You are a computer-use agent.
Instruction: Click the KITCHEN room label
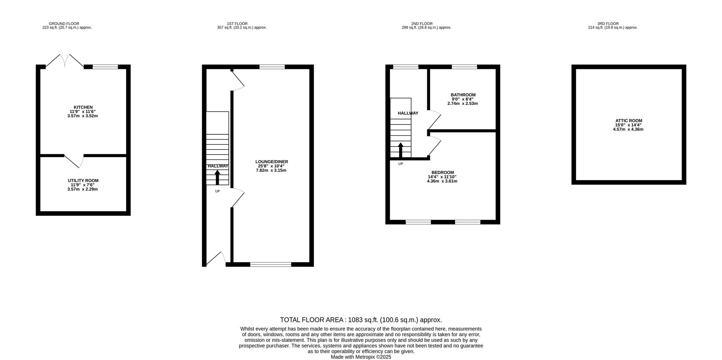(x=83, y=107)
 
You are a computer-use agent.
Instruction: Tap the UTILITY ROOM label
(x=83, y=180)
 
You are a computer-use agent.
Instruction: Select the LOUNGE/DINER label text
(x=272, y=162)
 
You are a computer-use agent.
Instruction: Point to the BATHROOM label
(x=463, y=95)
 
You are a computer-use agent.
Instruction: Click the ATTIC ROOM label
(x=628, y=121)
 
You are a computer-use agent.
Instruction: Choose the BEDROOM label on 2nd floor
(x=442, y=172)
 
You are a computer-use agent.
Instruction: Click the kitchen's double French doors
(x=65, y=60)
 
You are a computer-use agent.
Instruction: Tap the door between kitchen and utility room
(x=74, y=161)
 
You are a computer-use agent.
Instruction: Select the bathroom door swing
(x=434, y=120)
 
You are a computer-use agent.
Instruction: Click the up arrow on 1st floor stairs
(x=217, y=177)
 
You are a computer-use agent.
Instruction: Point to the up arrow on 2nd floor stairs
(x=400, y=150)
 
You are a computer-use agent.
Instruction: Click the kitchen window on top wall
(x=105, y=67)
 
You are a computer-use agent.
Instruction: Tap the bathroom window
(x=464, y=67)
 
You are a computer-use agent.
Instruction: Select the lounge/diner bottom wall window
(x=271, y=264)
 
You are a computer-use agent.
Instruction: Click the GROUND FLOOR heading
(x=64, y=24)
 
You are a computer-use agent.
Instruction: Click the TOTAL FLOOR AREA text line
(x=361, y=320)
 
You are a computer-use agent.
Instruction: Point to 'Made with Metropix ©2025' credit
(x=361, y=357)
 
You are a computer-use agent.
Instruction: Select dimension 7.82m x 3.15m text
(x=271, y=170)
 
